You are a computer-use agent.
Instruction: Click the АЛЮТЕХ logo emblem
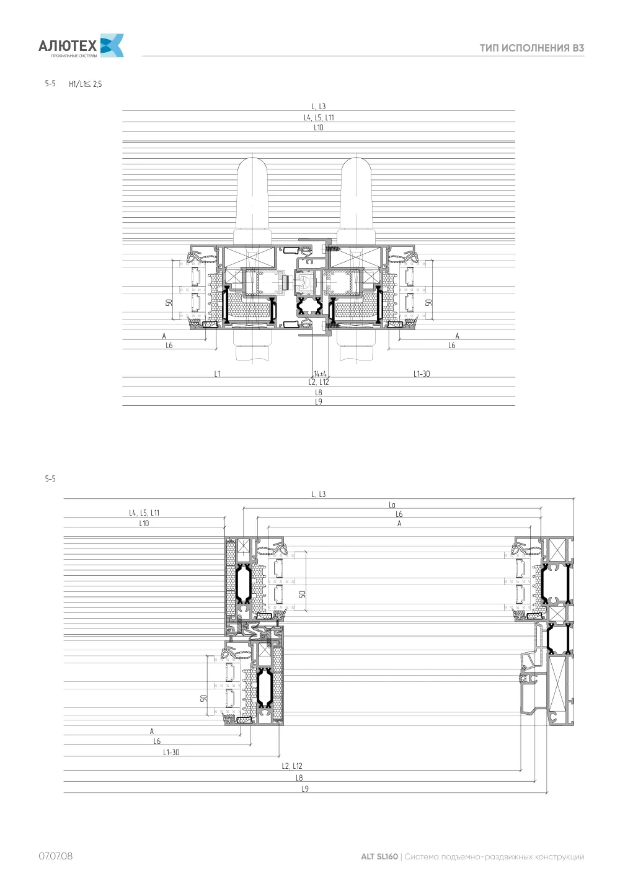tap(112, 45)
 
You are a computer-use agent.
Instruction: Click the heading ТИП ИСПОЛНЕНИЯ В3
tap(532, 48)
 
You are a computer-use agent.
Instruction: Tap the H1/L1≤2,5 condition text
tap(86, 84)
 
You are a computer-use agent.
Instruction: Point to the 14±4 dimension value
tap(320, 374)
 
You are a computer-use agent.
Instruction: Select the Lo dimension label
tap(392, 505)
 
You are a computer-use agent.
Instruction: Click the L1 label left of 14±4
tap(218, 374)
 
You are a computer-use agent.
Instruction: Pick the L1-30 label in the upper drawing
tap(422, 374)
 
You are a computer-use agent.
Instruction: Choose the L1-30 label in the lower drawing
tap(171, 752)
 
